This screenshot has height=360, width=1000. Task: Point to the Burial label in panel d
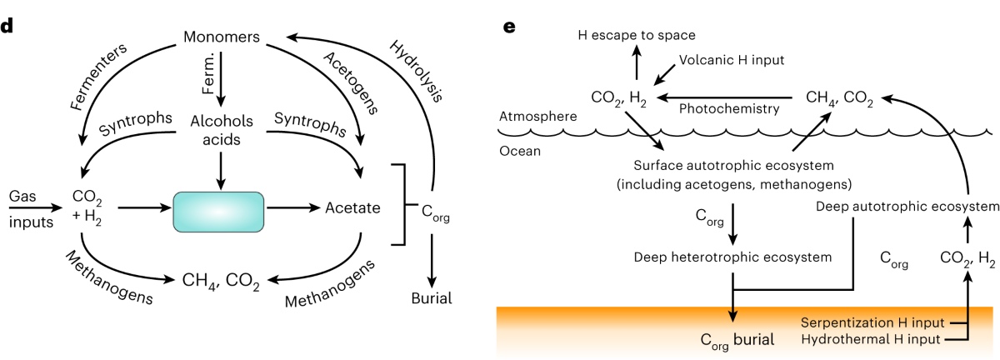click(x=432, y=297)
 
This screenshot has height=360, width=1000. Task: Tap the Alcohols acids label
click(x=222, y=128)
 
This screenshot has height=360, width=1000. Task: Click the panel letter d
click(x=7, y=25)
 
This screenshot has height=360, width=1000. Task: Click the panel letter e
click(x=511, y=25)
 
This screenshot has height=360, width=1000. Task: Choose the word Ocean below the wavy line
click(x=519, y=152)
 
